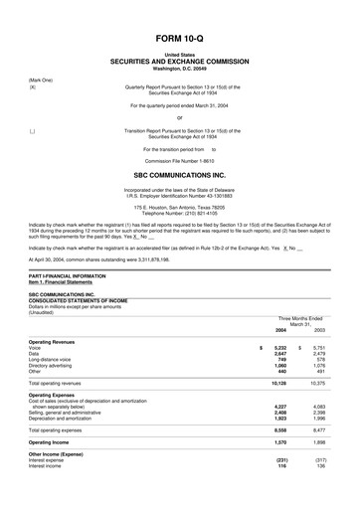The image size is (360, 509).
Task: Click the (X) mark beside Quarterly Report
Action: coord(33,86)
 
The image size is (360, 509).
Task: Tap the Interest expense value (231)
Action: coord(280,460)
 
